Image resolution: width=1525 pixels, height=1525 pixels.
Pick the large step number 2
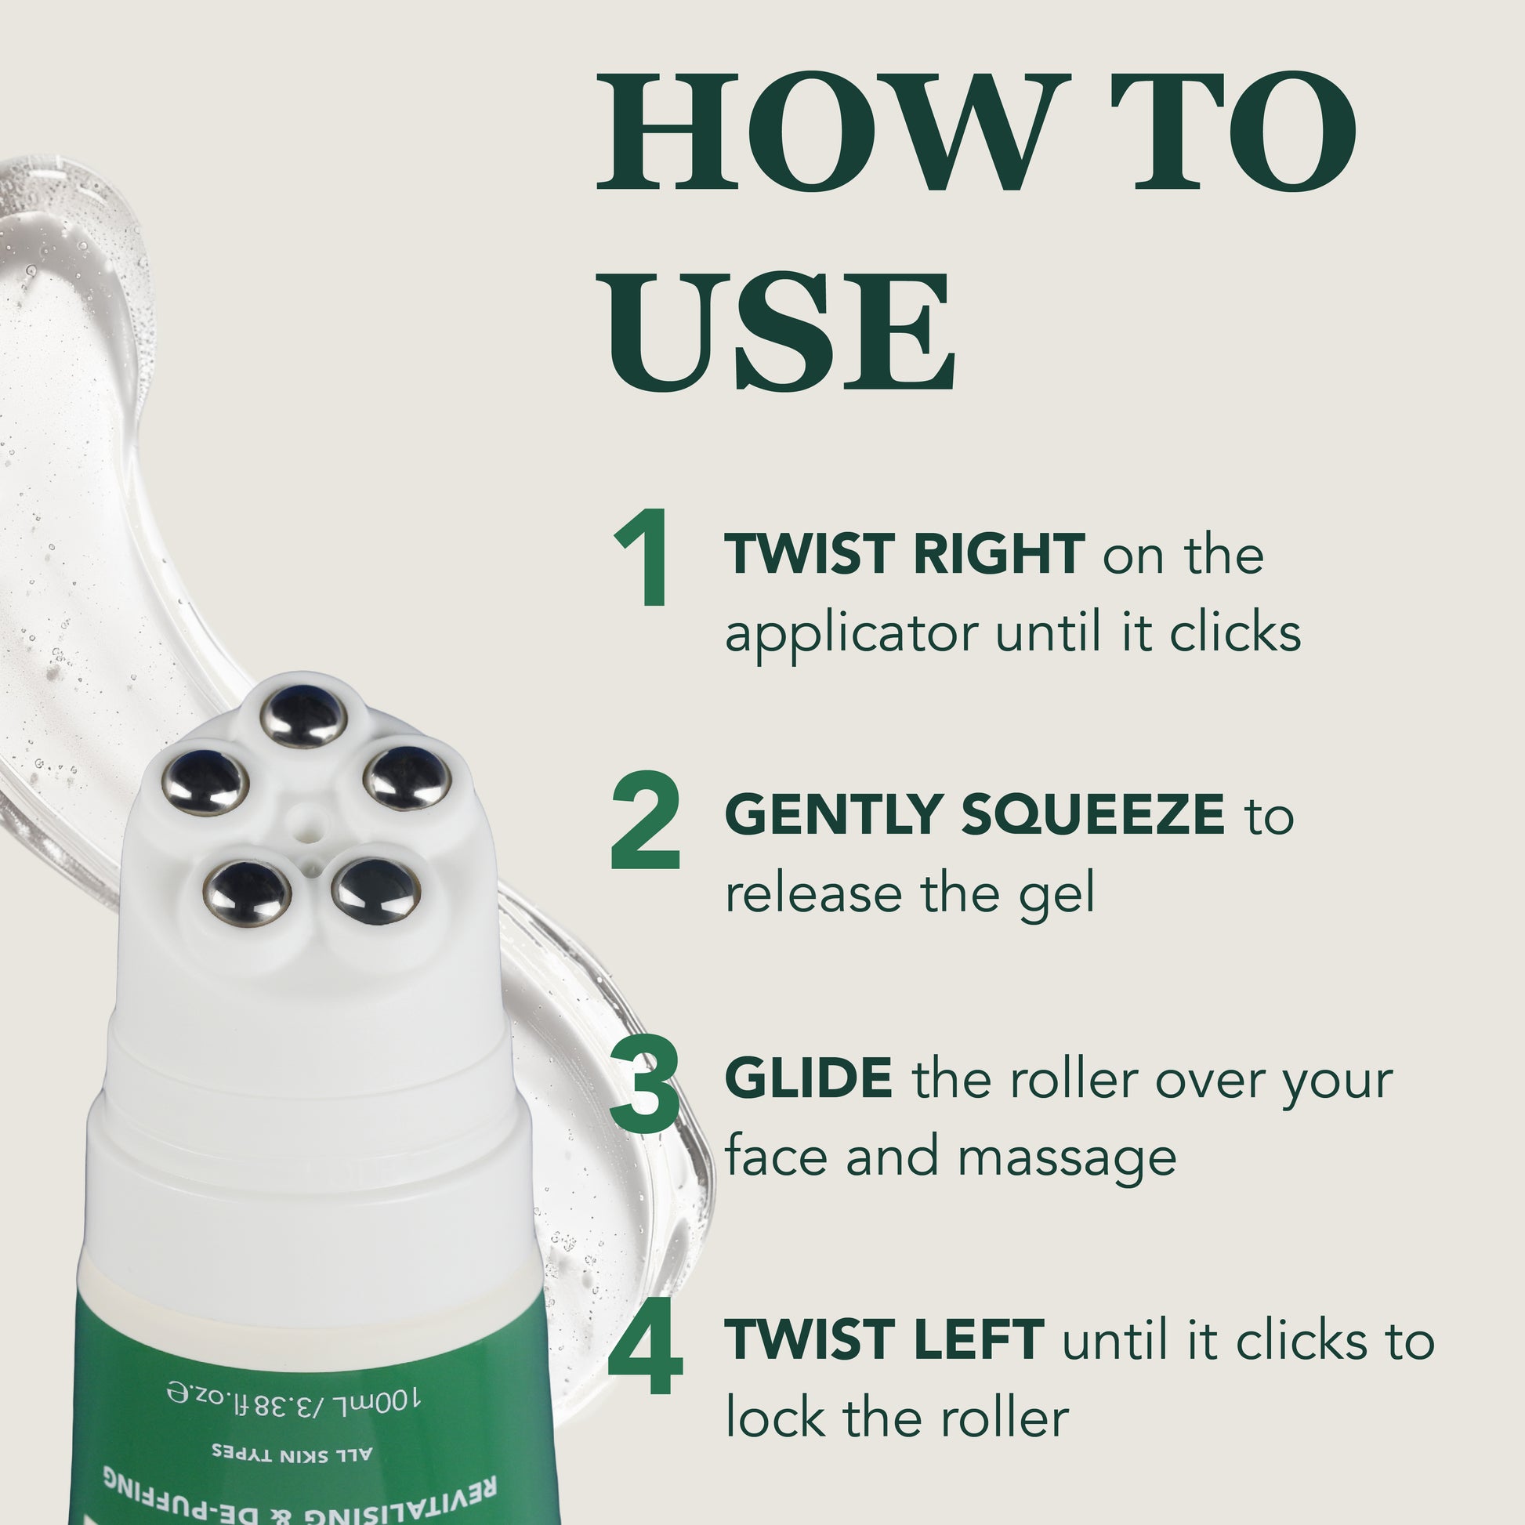(645, 820)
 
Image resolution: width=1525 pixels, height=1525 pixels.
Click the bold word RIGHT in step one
(998, 554)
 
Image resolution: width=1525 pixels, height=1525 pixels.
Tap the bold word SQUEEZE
(1092, 815)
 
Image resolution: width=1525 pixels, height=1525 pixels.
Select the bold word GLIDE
(809, 1078)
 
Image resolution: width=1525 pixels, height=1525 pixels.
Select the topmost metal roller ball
(304, 716)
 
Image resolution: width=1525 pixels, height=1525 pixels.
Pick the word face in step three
(777, 1157)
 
